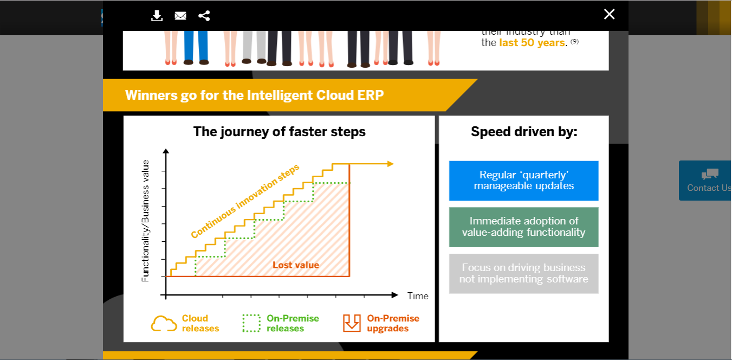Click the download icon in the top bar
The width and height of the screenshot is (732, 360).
pos(157,16)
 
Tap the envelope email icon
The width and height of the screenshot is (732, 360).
pos(180,16)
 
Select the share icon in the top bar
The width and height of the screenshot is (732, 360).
pos(204,16)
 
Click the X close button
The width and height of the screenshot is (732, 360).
pos(609,15)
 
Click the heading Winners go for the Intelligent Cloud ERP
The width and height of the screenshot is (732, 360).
pos(254,95)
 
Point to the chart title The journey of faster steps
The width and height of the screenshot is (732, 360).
pos(279,132)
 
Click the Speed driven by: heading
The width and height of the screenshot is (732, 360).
pos(523,132)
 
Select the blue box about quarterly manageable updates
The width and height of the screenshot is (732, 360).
pos(523,181)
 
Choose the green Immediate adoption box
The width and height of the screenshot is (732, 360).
pos(523,227)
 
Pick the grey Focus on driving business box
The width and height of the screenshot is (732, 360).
pos(523,273)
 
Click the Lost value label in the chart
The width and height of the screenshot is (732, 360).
pos(295,265)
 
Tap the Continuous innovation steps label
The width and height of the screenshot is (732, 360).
pos(245,201)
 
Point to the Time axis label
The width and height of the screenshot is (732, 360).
pos(418,296)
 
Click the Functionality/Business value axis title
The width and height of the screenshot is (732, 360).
pos(145,221)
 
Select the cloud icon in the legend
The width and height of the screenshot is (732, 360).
pos(164,324)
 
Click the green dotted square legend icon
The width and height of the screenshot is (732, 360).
pos(251,324)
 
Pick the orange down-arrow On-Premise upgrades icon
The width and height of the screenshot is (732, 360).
pos(352,323)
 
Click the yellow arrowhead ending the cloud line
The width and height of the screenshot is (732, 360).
pos(390,164)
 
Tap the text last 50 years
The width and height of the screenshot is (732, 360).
pos(532,43)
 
